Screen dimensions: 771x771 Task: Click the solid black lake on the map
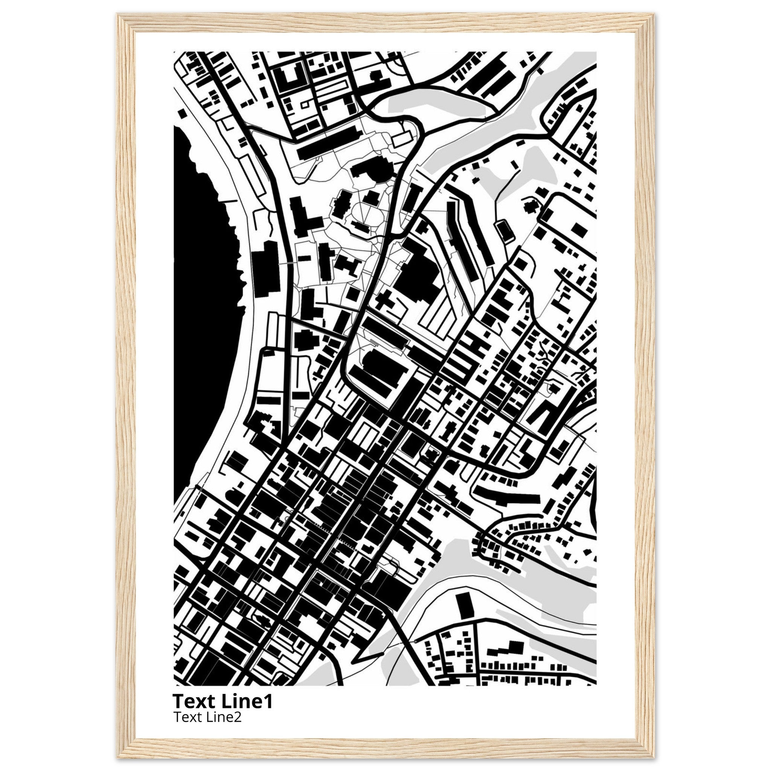point(201,319)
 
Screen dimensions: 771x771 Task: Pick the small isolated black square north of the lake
point(182,113)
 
